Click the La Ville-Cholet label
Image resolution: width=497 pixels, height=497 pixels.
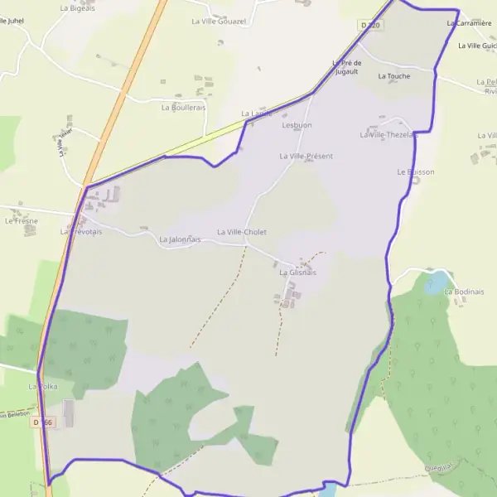[242, 233]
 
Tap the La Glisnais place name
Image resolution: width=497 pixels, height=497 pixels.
[297, 273]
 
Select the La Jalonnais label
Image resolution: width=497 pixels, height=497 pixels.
[180, 239]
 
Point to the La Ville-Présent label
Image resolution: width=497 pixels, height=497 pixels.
[306, 156]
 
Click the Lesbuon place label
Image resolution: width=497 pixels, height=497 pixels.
[297, 125]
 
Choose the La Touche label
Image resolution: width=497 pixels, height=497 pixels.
[393, 76]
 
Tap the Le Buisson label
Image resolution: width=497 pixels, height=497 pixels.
[415, 172]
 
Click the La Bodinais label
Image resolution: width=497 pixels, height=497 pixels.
[464, 292]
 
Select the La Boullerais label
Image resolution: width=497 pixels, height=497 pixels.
[183, 108]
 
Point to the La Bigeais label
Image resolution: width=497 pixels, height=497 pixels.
[77, 7]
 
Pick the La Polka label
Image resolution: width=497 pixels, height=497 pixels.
[42, 387]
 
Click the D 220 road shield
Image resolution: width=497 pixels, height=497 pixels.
[370, 26]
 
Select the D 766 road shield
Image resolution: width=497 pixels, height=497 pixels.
[43, 422]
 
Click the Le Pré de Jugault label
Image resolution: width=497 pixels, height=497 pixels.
[346, 67]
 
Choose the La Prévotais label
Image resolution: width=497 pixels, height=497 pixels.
[80, 232]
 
